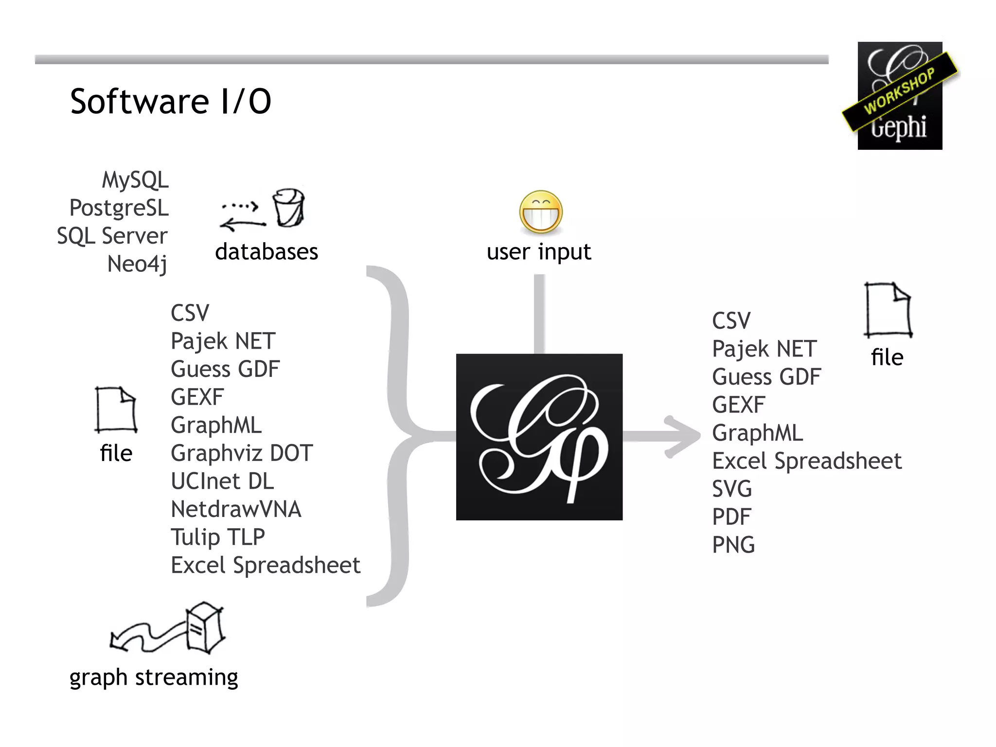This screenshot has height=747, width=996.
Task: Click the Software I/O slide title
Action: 170,102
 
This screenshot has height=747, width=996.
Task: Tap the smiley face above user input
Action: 541,213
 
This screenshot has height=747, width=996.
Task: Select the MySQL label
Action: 135,180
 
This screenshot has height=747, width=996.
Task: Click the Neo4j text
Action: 137,264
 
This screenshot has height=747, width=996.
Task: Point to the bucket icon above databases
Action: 288,208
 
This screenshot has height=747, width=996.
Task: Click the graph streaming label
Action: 154,677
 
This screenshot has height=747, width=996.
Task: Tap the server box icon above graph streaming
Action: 205,627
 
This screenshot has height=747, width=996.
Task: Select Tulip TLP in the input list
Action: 217,537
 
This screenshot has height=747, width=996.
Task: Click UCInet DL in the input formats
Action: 222,481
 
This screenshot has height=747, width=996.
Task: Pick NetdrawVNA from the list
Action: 236,509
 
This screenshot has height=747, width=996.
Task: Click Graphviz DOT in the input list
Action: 242,453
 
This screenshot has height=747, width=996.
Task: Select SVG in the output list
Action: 732,489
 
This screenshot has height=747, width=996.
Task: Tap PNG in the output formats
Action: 733,545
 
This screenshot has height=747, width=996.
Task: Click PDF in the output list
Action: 731,516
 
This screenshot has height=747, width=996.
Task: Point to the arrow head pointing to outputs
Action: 683,436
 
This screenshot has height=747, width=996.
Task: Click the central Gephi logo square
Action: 539,437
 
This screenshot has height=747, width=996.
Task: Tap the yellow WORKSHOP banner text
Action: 899,91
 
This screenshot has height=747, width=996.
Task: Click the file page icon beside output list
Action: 888,310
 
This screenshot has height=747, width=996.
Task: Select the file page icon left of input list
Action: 116,409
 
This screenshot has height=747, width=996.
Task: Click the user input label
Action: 539,252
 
